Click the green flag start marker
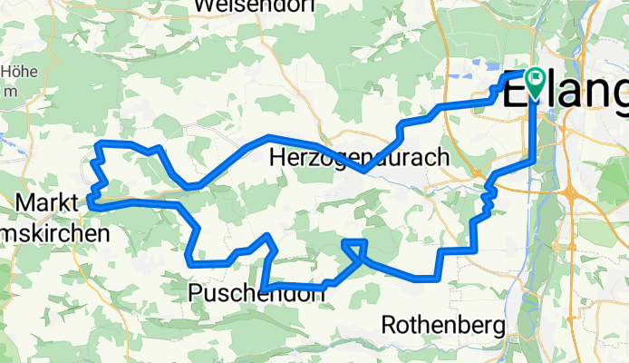(531, 83)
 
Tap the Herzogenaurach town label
(360, 157)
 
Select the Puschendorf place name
(257, 292)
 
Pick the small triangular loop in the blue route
(355, 248)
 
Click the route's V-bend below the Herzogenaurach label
(364, 169)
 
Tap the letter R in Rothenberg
(391, 323)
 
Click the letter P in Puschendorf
(197, 292)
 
